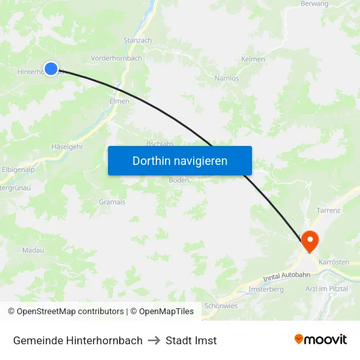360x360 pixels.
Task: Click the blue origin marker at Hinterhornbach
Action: coord(51,68)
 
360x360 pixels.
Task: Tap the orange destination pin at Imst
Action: coord(309,240)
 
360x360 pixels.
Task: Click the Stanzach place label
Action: coord(137,41)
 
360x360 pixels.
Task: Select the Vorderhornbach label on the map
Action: coord(117,58)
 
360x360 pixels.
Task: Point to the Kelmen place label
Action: coord(253,60)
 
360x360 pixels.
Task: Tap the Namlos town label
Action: coord(226,79)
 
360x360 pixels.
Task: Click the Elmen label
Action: coord(119,101)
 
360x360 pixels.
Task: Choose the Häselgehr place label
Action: coord(67,147)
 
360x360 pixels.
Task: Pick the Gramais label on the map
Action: coord(112,202)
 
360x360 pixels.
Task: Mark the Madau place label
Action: coord(33,251)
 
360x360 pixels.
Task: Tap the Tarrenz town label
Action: coord(328,211)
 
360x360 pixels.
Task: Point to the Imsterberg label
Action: coord(266,289)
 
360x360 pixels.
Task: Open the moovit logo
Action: coord(321,340)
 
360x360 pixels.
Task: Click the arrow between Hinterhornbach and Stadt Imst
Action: coord(154,340)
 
